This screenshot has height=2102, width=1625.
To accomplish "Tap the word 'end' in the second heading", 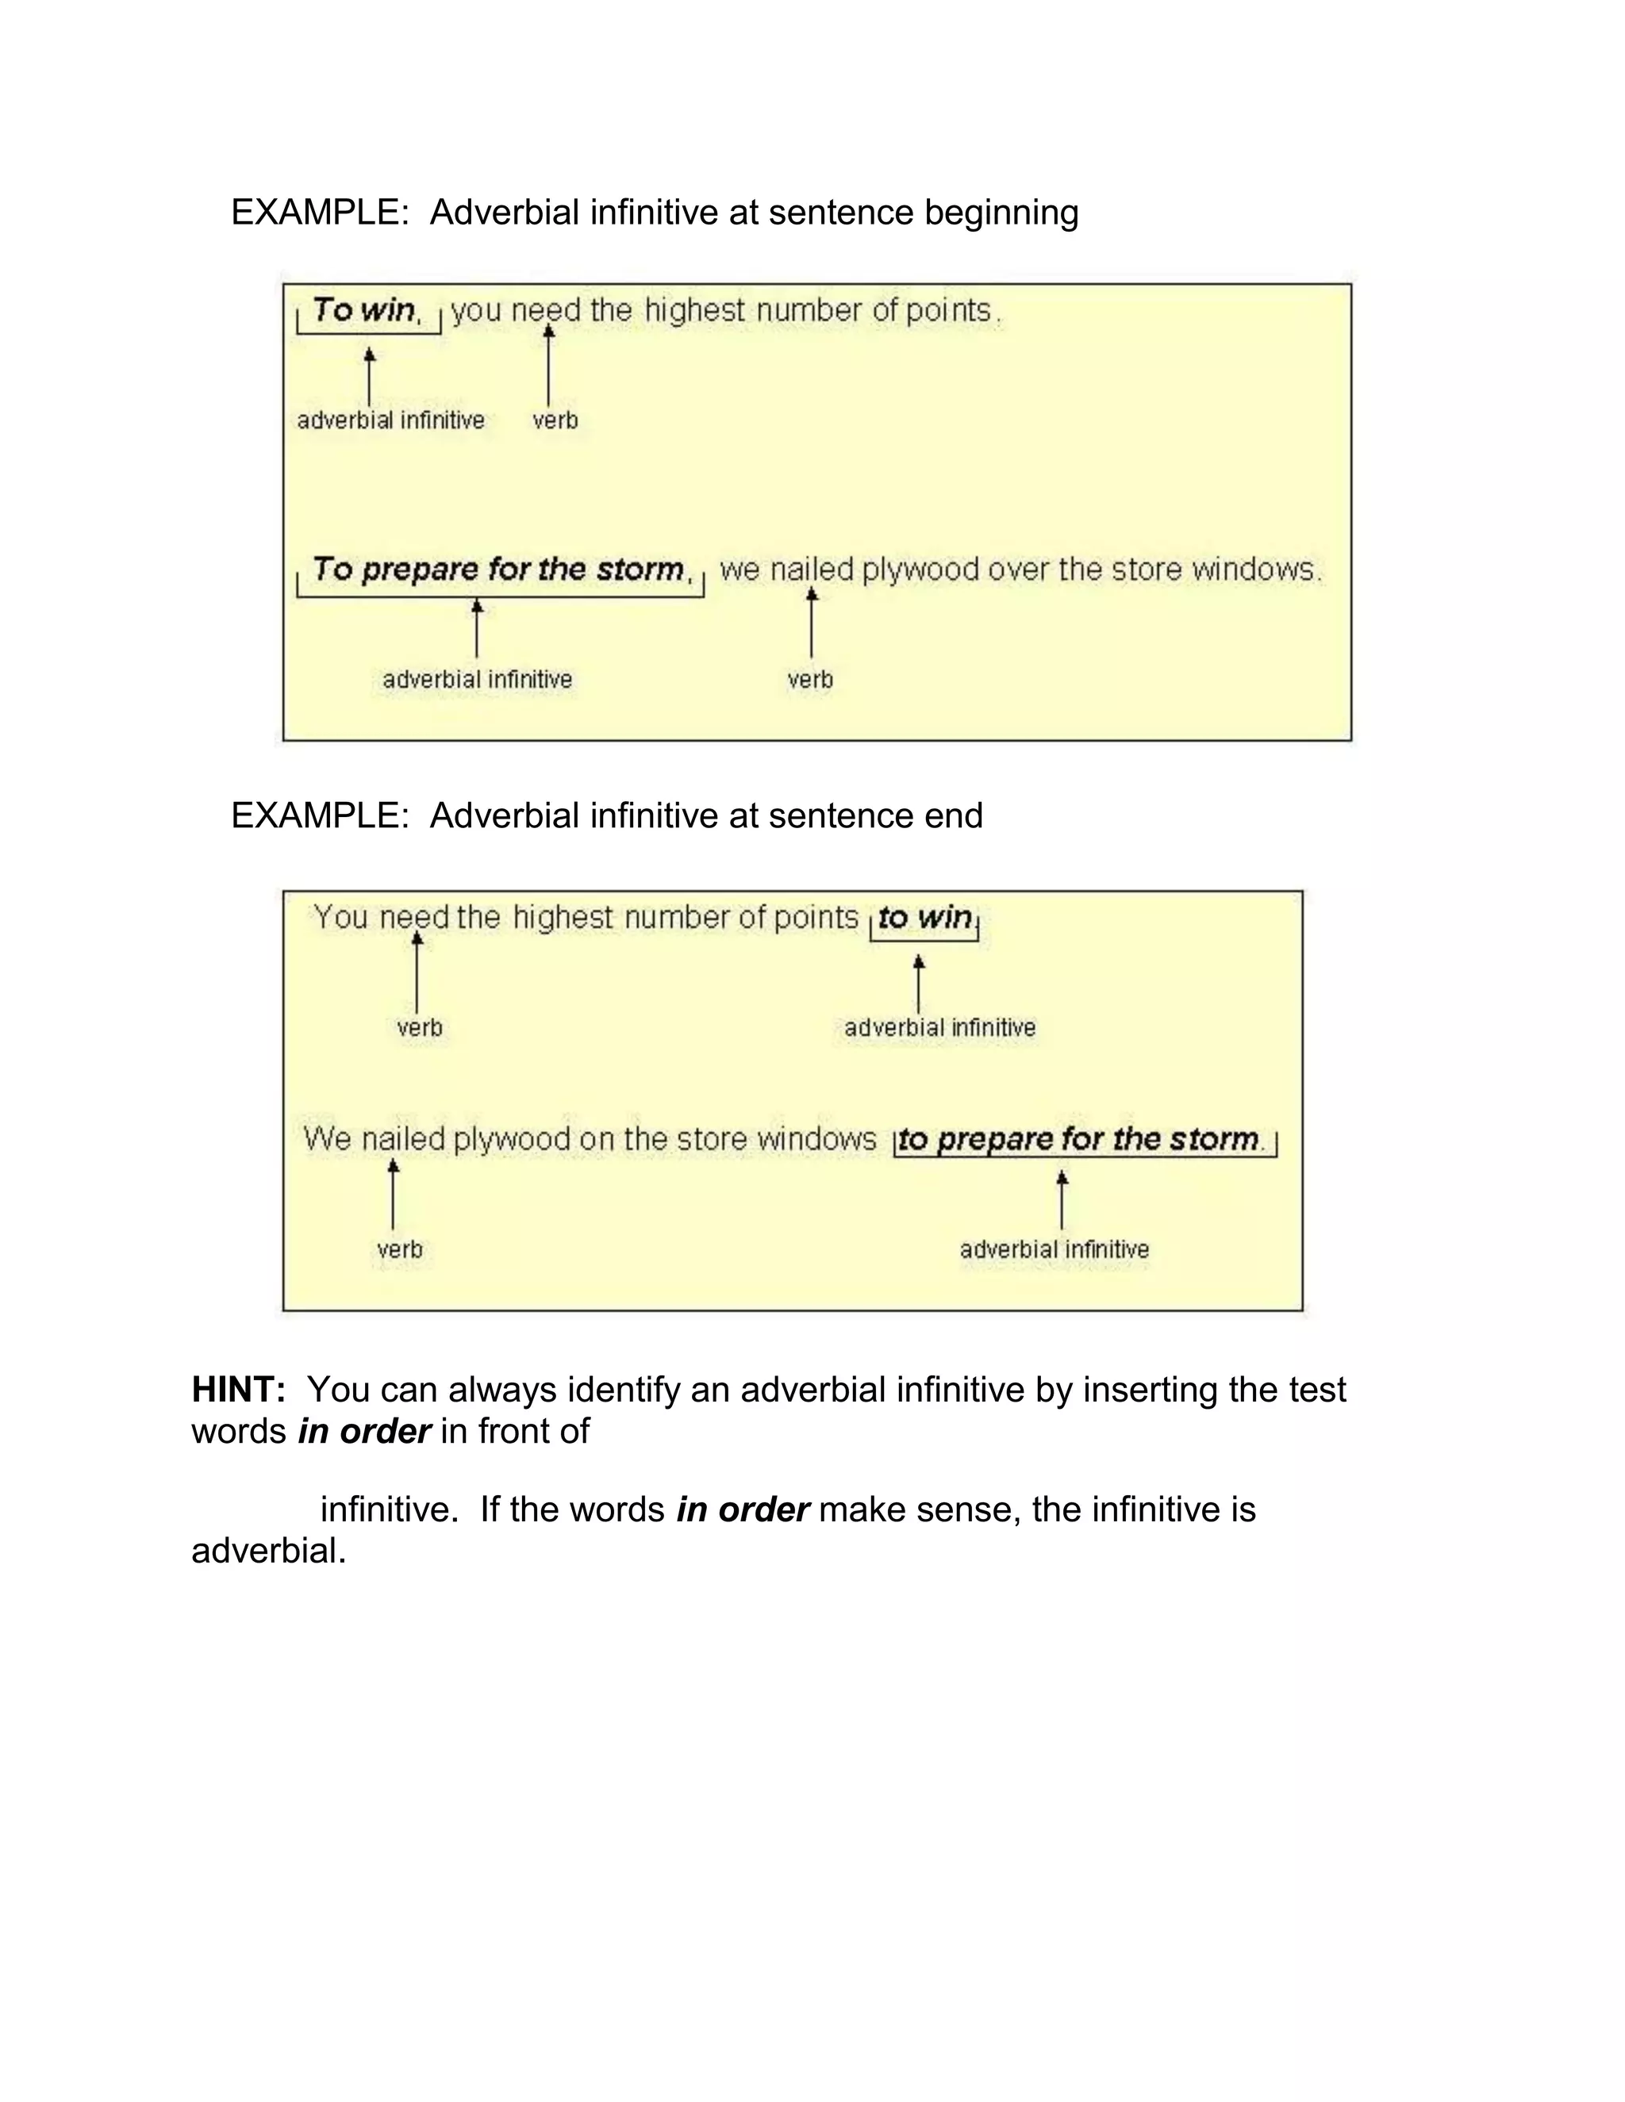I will click(953, 816).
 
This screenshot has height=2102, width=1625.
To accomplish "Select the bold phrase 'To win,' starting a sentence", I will click(367, 310).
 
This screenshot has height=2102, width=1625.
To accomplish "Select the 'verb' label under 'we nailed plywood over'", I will click(809, 681).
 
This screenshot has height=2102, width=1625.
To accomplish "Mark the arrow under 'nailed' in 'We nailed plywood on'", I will click(393, 1194).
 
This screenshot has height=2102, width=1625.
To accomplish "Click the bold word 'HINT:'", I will click(239, 1390).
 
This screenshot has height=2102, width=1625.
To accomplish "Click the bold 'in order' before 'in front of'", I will click(364, 1432).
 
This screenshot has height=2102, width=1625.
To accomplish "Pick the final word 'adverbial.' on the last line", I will click(269, 1551).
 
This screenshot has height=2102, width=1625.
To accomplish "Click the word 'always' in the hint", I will click(502, 1390).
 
